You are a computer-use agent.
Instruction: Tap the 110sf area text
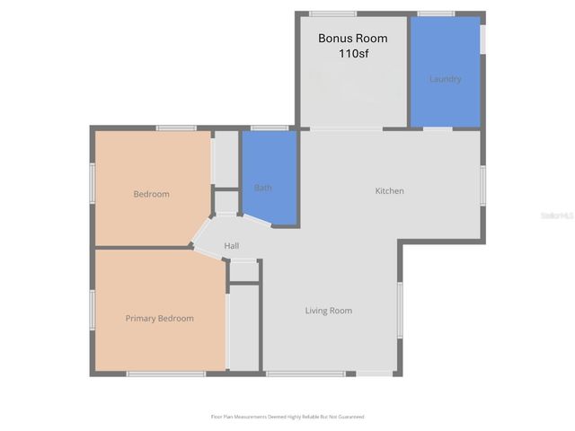click(352, 54)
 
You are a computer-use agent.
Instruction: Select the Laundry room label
click(445, 79)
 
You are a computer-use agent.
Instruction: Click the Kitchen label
click(389, 190)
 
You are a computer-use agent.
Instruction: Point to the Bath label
click(262, 188)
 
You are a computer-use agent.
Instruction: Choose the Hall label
click(231, 246)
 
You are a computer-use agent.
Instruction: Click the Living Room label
click(328, 311)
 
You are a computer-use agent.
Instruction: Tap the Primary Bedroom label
click(159, 318)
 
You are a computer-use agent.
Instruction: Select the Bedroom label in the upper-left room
click(151, 194)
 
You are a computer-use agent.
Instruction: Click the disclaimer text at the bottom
click(287, 417)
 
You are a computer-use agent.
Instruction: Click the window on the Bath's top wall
click(269, 128)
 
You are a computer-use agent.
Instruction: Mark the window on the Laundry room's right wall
click(483, 39)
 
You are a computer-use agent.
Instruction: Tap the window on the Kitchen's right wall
click(482, 186)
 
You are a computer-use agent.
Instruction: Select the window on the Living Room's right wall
click(400, 309)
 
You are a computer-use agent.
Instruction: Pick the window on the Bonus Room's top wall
click(332, 13)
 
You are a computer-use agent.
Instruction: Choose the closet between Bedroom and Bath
click(225, 159)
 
